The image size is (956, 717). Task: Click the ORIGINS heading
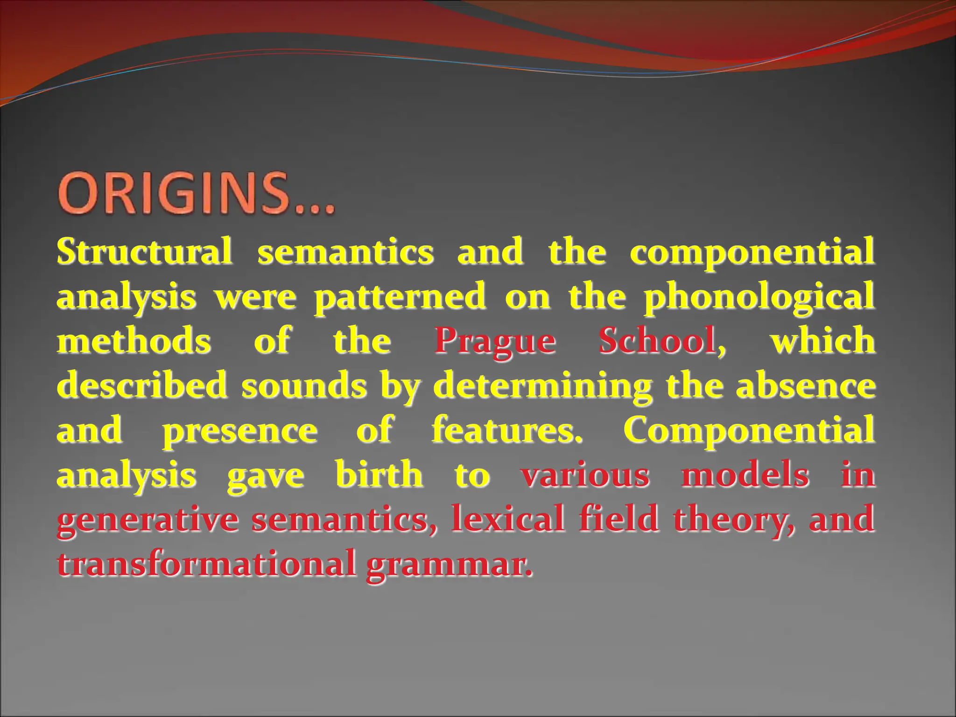pyautogui.click(x=196, y=194)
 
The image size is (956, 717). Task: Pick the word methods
pyautogui.click(x=134, y=341)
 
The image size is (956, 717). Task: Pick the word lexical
pyautogui.click(x=508, y=519)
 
